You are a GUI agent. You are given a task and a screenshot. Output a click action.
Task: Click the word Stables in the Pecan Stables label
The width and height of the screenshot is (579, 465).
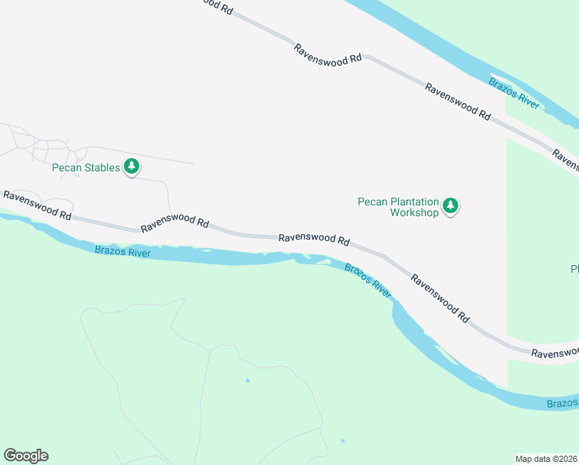pyautogui.click(x=102, y=167)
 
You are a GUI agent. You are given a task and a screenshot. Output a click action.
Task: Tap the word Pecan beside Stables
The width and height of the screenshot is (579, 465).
pyautogui.click(x=67, y=167)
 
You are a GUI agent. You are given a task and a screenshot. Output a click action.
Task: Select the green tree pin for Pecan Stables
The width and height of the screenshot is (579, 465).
pyautogui.click(x=132, y=166)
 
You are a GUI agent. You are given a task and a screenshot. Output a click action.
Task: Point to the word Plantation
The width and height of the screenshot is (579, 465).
pyautogui.click(x=413, y=201)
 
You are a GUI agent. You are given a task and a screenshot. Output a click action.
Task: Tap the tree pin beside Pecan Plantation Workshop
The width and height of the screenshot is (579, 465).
pyautogui.click(x=451, y=206)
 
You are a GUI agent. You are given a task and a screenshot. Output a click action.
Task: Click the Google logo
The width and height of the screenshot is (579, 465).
pyautogui.click(x=26, y=456)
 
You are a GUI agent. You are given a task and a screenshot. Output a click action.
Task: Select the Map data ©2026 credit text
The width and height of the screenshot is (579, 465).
pyautogui.click(x=546, y=459)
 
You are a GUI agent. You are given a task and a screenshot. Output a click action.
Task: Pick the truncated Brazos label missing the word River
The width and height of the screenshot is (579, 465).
pyautogui.click(x=562, y=404)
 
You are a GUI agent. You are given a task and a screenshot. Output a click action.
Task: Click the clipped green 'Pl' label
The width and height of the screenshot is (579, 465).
pyautogui.click(x=574, y=269)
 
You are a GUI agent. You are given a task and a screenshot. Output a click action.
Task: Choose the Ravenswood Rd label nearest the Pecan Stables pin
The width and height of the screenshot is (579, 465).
pyautogui.click(x=175, y=226)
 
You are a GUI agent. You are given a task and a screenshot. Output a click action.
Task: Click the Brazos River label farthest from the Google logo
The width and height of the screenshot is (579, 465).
pyautogui.click(x=512, y=91)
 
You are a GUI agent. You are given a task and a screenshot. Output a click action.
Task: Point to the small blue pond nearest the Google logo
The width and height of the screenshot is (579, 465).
pyautogui.click(x=248, y=381)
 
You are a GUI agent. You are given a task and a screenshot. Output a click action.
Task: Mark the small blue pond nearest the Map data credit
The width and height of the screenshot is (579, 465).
pyautogui.click(x=342, y=441)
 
